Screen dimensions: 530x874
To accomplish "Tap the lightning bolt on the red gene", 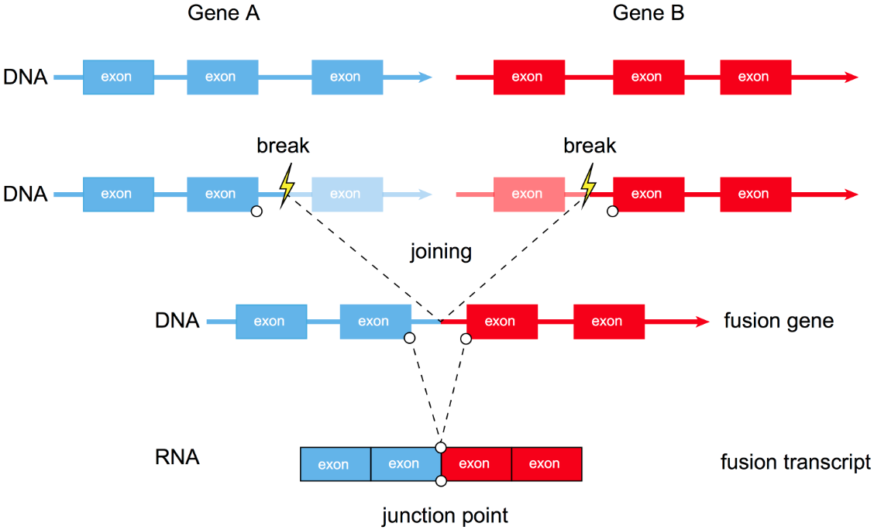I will pyautogui.click(x=590, y=185).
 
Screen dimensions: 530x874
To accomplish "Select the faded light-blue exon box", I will pyautogui.click(x=347, y=194).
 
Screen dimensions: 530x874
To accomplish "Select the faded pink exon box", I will pyautogui.click(x=528, y=194).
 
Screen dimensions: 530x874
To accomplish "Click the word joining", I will pyautogui.click(x=442, y=252).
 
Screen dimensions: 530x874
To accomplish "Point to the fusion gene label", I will pyautogui.click(x=779, y=321).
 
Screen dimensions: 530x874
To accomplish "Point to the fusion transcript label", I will pyautogui.click(x=796, y=463).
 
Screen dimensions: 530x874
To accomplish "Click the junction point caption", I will pyautogui.click(x=445, y=515).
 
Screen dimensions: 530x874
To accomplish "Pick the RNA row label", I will pyautogui.click(x=177, y=457).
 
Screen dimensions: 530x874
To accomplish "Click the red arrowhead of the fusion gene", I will pyautogui.click(x=702, y=322).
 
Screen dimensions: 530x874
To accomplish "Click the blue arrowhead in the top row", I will pyautogui.click(x=425, y=77).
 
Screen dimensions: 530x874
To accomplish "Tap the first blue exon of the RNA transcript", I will pyautogui.click(x=335, y=464).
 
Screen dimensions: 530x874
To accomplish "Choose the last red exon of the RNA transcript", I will pyautogui.click(x=545, y=464).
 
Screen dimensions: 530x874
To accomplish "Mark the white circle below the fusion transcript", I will pyautogui.click(x=441, y=481).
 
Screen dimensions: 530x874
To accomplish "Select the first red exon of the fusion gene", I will pyautogui.click(x=500, y=322).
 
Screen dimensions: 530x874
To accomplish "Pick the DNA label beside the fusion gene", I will pyautogui.click(x=177, y=321).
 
